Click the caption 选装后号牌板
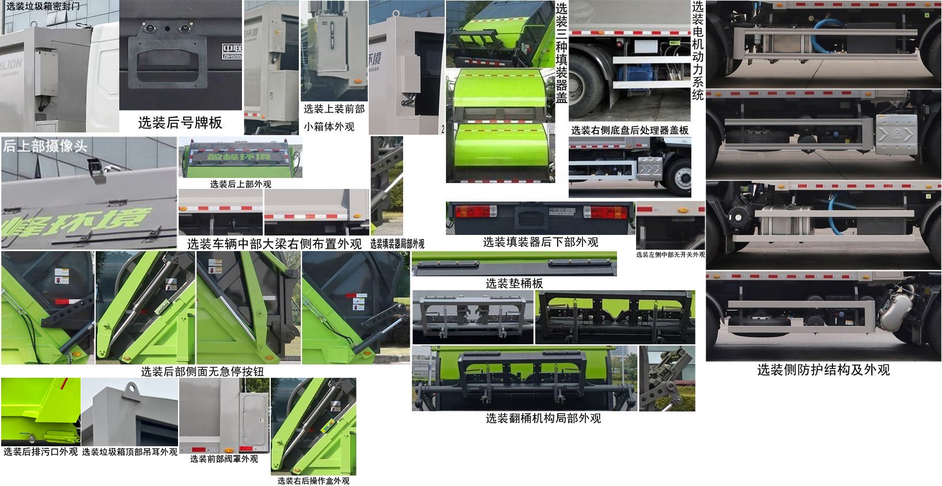pyautogui.click(x=180, y=123)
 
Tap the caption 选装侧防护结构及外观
pyautogui.click(x=823, y=370)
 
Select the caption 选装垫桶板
pyautogui.click(x=514, y=283)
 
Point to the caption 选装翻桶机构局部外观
pyautogui.click(x=543, y=419)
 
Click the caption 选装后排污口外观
pyautogui.click(x=40, y=452)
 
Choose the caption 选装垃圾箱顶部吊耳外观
pyautogui.click(x=130, y=452)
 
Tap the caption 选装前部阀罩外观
pyautogui.click(x=224, y=459)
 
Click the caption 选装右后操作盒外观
pyautogui.click(x=313, y=481)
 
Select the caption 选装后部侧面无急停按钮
pyautogui.click(x=202, y=372)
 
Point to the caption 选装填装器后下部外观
pyautogui.click(x=540, y=242)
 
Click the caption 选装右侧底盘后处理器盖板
pyautogui.click(x=630, y=131)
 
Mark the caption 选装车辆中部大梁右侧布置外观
pyautogui.click(x=274, y=244)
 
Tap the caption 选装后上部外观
pyautogui.click(x=240, y=184)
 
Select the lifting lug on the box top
pyautogui.click(x=131, y=393)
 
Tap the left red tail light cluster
pyautogui.click(x=468, y=212)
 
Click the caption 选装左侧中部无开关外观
pyautogui.click(x=670, y=255)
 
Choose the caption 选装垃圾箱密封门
pyautogui.click(x=43, y=6)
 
